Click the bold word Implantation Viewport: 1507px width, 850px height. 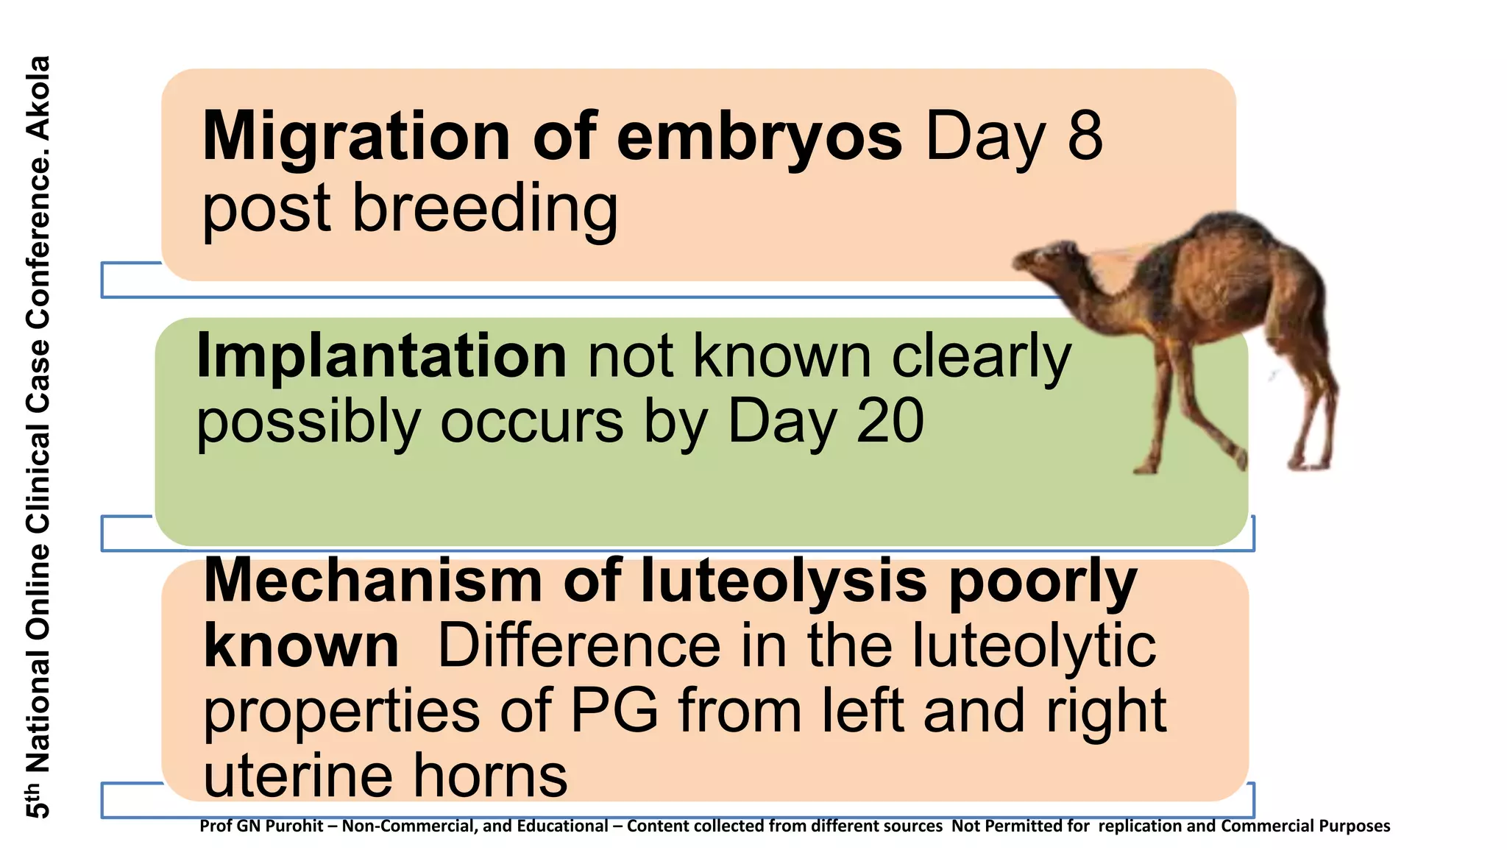pos(381,356)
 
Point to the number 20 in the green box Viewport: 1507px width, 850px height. pos(890,421)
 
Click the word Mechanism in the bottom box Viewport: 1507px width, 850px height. pos(374,581)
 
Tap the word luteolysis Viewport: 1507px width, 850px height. pos(784,581)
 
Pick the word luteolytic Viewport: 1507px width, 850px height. pos(1034,646)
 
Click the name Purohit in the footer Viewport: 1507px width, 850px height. pos(294,826)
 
